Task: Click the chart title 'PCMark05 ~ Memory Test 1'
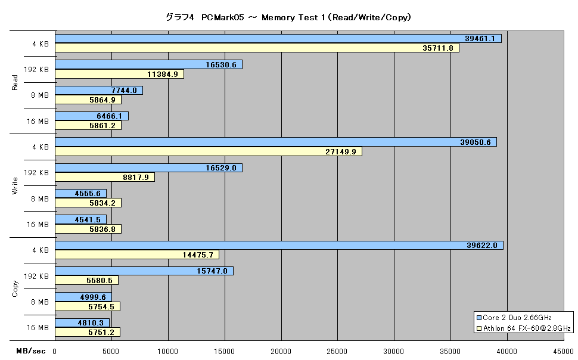click(x=288, y=17)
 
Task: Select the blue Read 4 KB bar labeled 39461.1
click(x=278, y=38)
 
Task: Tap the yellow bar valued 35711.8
click(x=257, y=48)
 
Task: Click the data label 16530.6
click(x=221, y=64)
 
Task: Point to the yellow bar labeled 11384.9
click(x=119, y=74)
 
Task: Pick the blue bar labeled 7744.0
click(x=99, y=91)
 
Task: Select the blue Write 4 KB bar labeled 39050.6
click(x=276, y=142)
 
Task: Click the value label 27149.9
click(x=341, y=151)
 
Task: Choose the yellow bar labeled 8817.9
click(x=105, y=178)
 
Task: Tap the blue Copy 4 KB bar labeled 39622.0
click(x=279, y=246)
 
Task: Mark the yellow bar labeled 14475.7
click(x=137, y=255)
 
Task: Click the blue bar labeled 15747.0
click(x=144, y=271)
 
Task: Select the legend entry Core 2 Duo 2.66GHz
click(x=514, y=318)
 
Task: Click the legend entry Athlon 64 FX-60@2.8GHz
click(x=524, y=328)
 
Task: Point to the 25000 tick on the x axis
click(x=337, y=351)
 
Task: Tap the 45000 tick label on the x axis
click(x=563, y=351)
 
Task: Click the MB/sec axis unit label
click(x=31, y=351)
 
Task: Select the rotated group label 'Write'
click(x=15, y=185)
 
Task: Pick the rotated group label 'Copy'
click(x=15, y=289)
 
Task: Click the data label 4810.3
click(x=91, y=322)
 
